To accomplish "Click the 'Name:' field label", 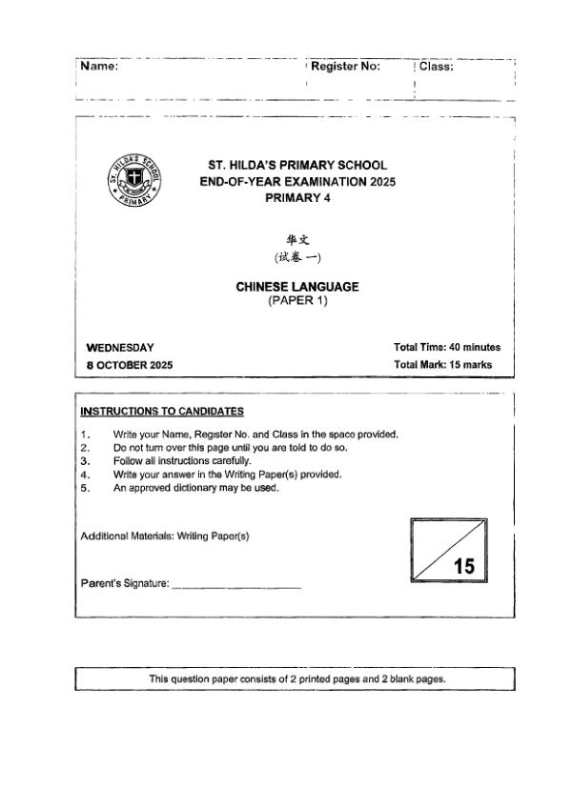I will click(99, 67).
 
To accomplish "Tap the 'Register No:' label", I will click(345, 67).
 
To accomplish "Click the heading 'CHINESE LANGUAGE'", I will click(297, 287).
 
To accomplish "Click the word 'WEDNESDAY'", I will click(120, 348).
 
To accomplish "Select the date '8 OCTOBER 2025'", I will click(130, 365).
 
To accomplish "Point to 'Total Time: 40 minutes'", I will click(446, 348).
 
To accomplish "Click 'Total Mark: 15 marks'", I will click(442, 365).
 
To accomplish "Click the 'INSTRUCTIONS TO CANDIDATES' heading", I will click(162, 412).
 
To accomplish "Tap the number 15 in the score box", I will click(464, 567).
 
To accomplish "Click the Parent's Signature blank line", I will click(236, 585).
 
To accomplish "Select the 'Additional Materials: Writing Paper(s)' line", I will click(165, 536).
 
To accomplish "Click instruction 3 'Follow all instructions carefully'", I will click(181, 461).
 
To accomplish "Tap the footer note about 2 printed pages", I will click(297, 679).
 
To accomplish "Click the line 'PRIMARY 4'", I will click(297, 197).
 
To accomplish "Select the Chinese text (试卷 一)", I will click(297, 258).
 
